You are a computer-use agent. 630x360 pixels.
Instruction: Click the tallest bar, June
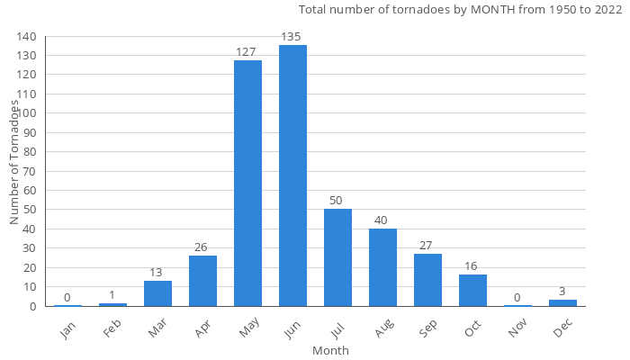(x=292, y=175)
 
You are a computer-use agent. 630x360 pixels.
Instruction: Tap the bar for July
(x=337, y=257)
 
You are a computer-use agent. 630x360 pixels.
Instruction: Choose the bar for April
(x=202, y=281)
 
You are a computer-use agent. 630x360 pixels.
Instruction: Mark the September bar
(x=427, y=280)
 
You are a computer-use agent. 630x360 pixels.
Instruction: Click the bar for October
(x=472, y=290)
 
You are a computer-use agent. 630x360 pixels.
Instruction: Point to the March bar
(x=157, y=293)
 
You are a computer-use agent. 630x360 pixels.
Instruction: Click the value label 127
(x=247, y=51)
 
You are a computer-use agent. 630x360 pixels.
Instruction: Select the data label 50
(x=337, y=200)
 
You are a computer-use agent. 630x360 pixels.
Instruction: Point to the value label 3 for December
(x=562, y=292)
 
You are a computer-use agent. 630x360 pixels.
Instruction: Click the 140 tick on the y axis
(x=26, y=37)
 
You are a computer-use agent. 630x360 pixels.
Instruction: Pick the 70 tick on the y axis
(x=30, y=171)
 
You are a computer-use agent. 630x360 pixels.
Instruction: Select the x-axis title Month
(x=330, y=350)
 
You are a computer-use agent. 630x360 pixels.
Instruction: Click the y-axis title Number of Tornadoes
(x=14, y=163)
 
